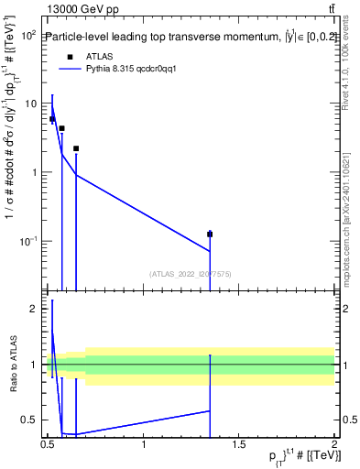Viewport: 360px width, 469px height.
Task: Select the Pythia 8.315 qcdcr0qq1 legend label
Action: coord(125,68)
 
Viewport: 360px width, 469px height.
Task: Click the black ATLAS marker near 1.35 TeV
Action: coord(210,234)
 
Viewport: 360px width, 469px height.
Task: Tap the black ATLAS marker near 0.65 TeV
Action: coord(76,148)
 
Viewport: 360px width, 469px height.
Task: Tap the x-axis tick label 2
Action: coord(334,444)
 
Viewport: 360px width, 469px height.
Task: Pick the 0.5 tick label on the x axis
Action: coord(49,444)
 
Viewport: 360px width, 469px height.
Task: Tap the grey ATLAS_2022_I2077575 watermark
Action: coord(191,273)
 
